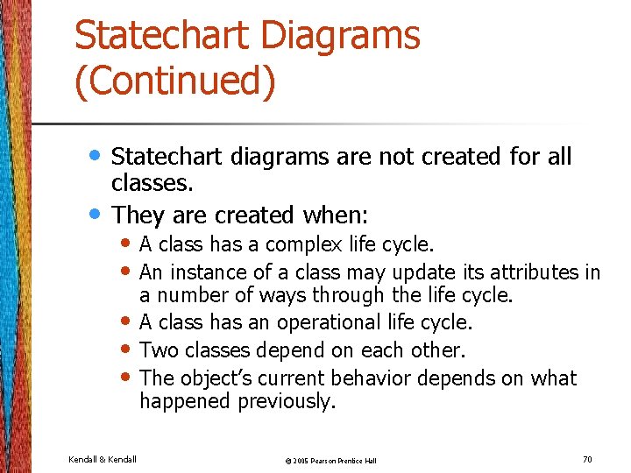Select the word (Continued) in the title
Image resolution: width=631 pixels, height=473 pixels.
(x=175, y=81)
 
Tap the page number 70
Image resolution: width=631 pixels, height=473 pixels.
(x=587, y=458)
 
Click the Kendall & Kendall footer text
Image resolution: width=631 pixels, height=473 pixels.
(x=102, y=459)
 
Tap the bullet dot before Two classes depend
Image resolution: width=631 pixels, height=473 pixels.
(x=128, y=349)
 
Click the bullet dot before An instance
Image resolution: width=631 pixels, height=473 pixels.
(x=128, y=271)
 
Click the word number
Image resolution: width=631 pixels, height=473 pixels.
(x=190, y=295)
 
